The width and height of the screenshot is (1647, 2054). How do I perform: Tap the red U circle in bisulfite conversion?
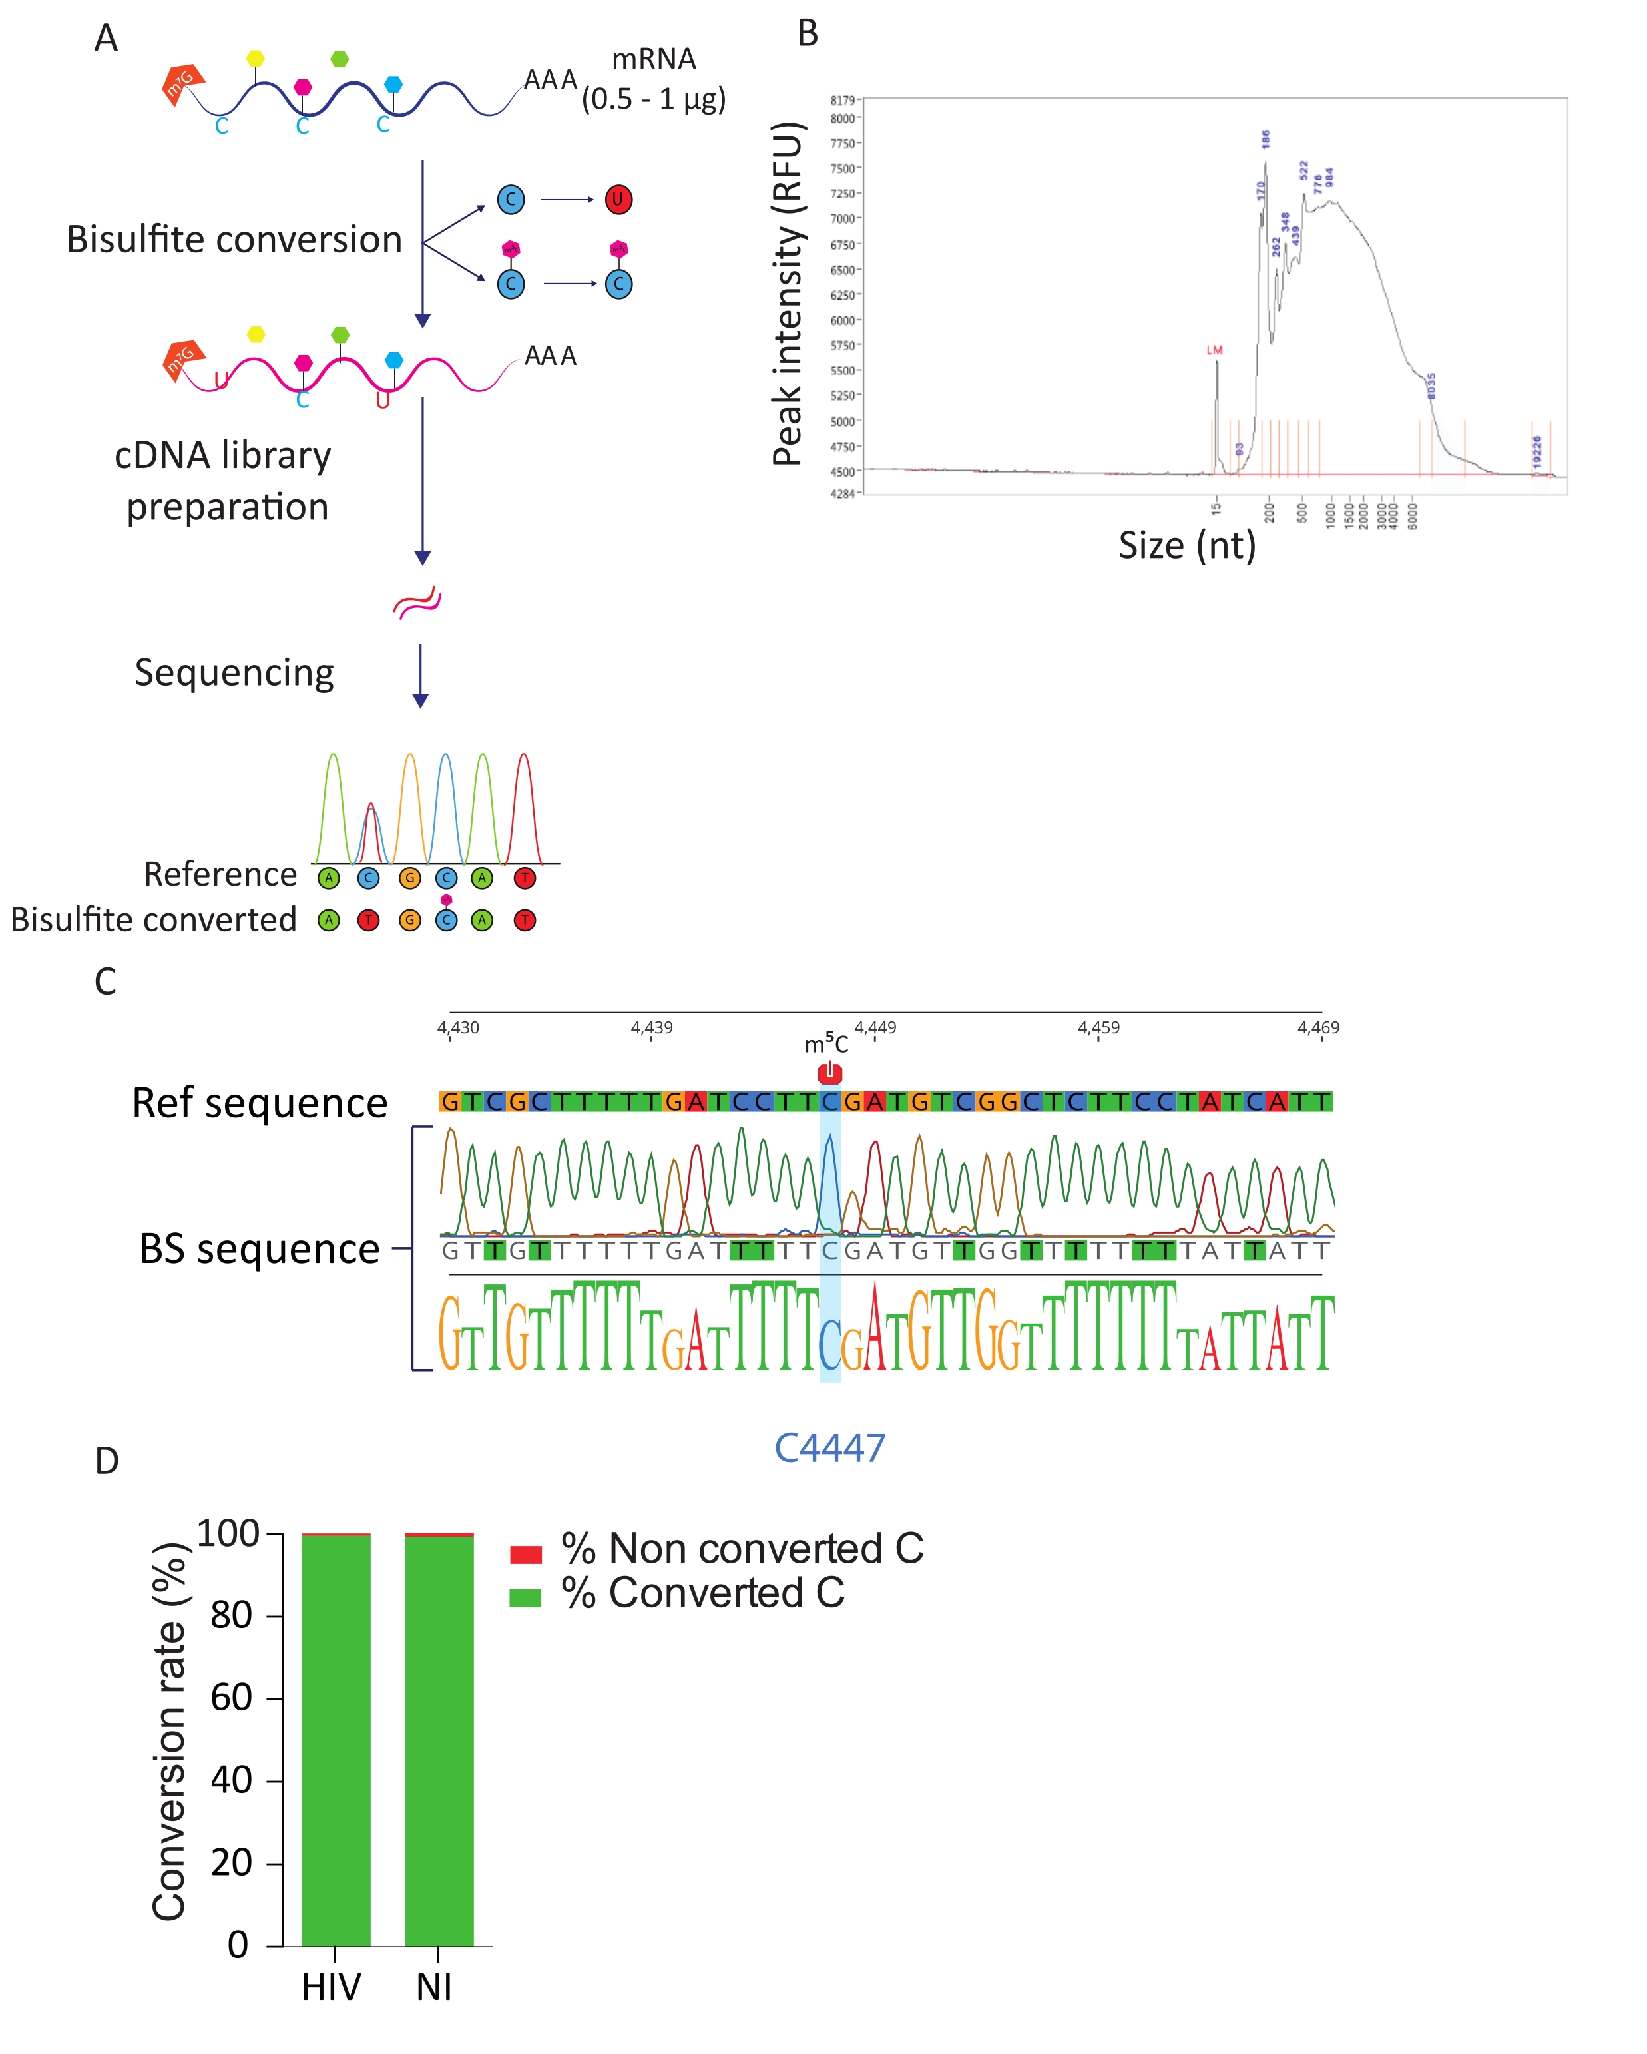[618, 200]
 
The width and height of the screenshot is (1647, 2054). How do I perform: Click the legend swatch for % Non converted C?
[526, 1555]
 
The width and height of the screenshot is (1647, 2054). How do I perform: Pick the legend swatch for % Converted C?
[526, 1598]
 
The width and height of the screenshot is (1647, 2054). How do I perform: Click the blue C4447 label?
[829, 1448]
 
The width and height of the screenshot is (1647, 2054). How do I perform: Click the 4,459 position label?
[1098, 1028]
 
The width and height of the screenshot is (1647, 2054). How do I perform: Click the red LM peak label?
[1214, 351]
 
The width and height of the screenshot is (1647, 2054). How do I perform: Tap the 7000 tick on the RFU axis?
[843, 219]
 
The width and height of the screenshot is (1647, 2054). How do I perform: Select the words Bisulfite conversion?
[234, 240]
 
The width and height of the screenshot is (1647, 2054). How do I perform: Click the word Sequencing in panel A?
[234, 672]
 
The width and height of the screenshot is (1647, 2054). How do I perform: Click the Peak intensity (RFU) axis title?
[787, 294]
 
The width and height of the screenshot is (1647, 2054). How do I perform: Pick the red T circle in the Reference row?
[524, 878]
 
